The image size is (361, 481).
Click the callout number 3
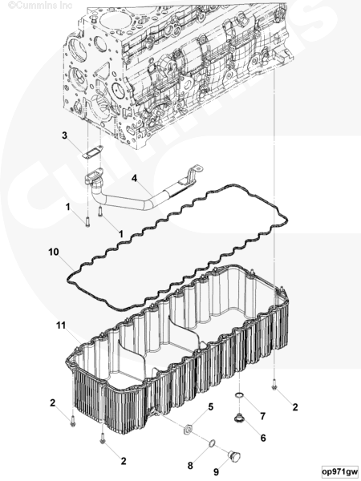click(64, 135)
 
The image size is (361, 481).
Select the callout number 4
click(134, 178)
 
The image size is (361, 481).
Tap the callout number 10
click(54, 253)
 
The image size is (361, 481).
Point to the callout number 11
click(61, 325)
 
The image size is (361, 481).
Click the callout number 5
click(210, 407)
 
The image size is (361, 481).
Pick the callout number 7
click(263, 416)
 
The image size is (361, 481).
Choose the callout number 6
click(263, 438)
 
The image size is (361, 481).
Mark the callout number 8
click(190, 466)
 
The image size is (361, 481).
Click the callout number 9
click(216, 472)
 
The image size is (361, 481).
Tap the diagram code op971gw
click(340, 471)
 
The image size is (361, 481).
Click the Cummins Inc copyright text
click(40, 5)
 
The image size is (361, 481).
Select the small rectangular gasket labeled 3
click(92, 152)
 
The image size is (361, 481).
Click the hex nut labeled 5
click(187, 429)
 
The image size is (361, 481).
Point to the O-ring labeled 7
click(239, 396)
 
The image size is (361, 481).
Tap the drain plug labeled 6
click(238, 418)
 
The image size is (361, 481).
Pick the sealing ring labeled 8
click(212, 443)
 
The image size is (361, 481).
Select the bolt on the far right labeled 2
click(274, 385)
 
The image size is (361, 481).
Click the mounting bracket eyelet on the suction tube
click(199, 168)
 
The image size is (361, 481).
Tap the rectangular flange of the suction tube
click(94, 177)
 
